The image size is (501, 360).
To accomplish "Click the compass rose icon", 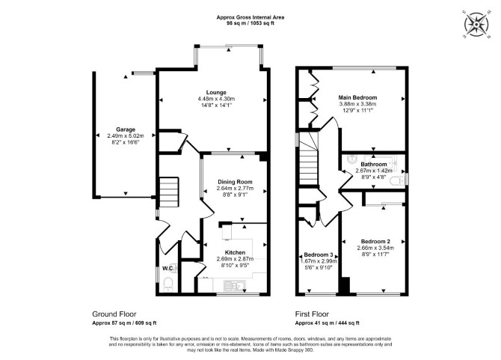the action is (x=476, y=25).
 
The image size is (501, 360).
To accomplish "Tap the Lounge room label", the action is (x=216, y=93).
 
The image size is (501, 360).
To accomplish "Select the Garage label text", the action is (x=126, y=129).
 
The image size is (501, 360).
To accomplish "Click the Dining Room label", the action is (x=235, y=182).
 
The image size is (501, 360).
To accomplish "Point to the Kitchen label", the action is (x=235, y=252).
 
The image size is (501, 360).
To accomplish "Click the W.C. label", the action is (x=168, y=268).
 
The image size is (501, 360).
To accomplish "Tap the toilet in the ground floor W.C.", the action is (x=167, y=284).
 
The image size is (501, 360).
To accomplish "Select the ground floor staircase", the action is (x=168, y=192).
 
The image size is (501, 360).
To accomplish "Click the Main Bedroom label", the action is (x=357, y=97).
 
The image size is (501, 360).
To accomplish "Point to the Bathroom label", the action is (x=374, y=165).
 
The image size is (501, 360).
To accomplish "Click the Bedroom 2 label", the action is (x=375, y=242).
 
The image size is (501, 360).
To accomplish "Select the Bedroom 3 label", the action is (x=319, y=254).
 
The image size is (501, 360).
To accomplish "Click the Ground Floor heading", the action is (x=114, y=314).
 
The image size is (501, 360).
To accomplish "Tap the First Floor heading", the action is (x=312, y=314).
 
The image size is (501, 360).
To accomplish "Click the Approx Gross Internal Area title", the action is (x=250, y=17).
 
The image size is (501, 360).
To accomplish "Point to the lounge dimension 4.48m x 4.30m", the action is (x=216, y=99).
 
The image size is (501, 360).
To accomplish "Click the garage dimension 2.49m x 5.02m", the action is (x=126, y=136).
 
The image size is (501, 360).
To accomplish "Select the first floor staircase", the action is (x=309, y=159).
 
